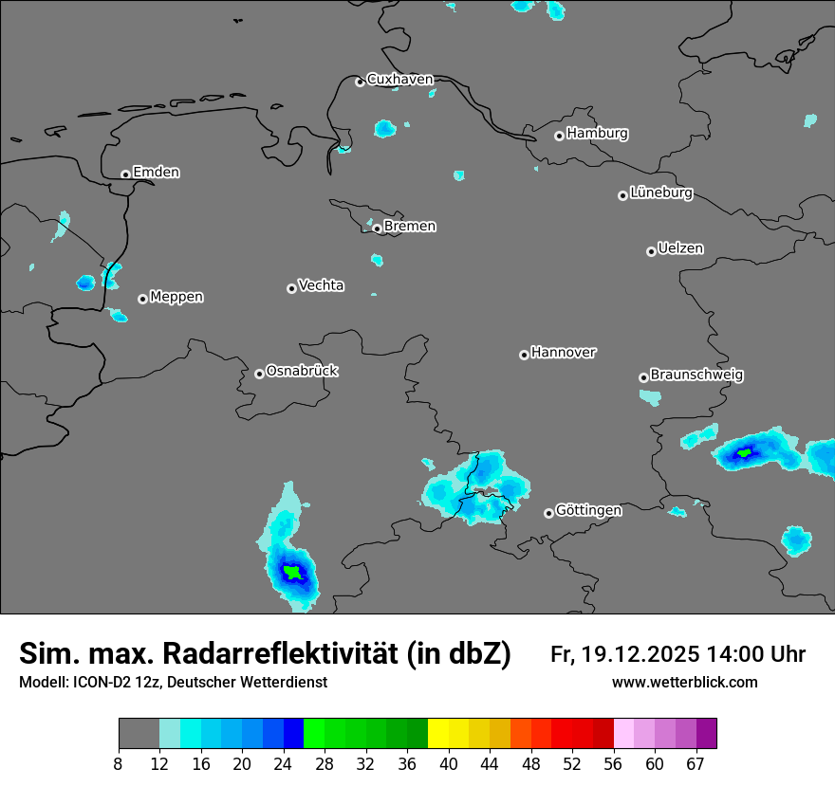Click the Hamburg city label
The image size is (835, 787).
[597, 134]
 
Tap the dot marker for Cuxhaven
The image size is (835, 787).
[360, 82]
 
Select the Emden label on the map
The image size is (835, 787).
[156, 173]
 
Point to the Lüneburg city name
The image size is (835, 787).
[660, 193]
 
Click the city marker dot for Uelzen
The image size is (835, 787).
[651, 251]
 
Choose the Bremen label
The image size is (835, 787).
[410, 227]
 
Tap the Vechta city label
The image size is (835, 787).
[321, 285]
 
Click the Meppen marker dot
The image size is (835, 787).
[142, 299]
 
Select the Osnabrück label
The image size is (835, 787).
[302, 371]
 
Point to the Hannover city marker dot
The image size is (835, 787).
[524, 355]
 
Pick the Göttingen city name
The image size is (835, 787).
[588, 511]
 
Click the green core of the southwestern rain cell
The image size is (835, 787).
[294, 573]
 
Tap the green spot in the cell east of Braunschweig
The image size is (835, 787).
[745, 452]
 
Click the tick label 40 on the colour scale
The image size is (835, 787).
[449, 763]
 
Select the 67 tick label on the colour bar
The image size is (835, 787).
[696, 763]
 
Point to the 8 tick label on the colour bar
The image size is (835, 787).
[119, 763]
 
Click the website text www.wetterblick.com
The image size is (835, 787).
[684, 683]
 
